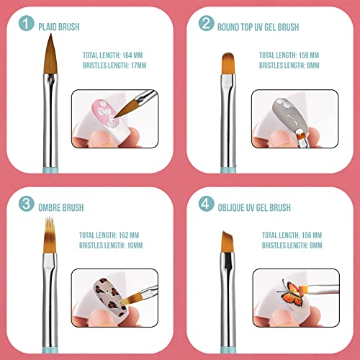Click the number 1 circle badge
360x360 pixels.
tap(26, 27)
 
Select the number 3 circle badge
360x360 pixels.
tap(26, 207)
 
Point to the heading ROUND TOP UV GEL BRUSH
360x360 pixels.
tap(261, 27)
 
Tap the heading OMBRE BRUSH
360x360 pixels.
tap(63, 207)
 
